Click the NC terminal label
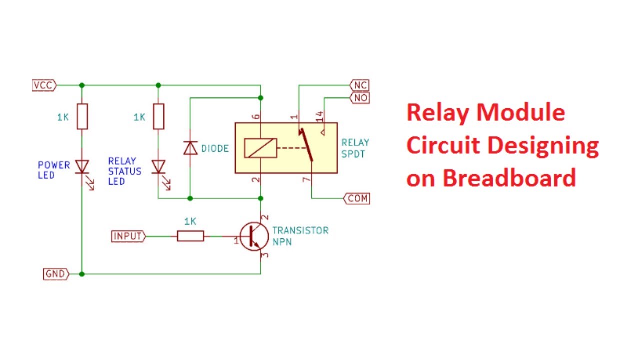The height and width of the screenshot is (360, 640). point(360,85)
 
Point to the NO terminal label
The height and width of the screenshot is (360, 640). point(360,98)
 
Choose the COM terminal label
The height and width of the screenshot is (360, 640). point(357,198)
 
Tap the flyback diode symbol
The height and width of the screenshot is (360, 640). point(190,148)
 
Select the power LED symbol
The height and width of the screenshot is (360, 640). point(82,167)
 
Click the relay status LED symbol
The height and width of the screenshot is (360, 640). point(158,167)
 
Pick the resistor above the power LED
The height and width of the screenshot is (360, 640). point(82,117)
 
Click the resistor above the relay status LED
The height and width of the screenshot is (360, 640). point(158,117)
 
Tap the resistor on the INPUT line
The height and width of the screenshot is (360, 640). point(190,236)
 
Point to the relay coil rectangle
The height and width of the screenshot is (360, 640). point(260,148)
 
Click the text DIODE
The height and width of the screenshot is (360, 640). point(215,149)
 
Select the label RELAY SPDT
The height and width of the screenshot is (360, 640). point(353,148)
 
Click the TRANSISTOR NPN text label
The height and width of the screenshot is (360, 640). point(300,236)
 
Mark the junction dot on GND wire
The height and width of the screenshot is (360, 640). point(82,274)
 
